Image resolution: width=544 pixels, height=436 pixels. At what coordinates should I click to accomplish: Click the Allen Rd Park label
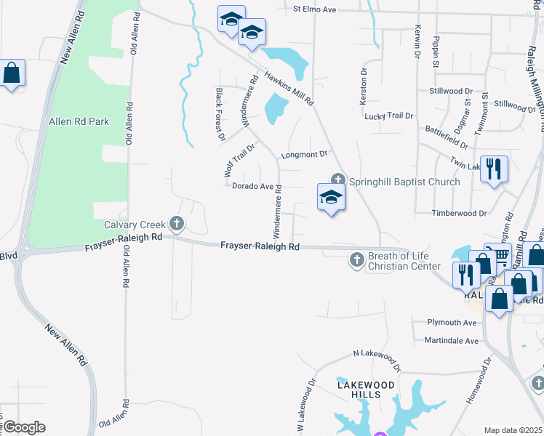(x=79, y=121)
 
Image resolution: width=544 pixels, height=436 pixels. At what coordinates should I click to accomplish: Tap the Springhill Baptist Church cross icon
(x=337, y=179)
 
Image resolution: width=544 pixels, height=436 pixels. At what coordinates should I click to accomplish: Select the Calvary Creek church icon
(x=175, y=222)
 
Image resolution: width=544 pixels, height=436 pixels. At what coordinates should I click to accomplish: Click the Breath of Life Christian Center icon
(x=356, y=259)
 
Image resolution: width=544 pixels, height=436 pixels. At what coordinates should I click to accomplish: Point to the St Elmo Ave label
(x=315, y=9)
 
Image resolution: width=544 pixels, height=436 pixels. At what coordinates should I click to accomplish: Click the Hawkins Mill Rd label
(x=289, y=88)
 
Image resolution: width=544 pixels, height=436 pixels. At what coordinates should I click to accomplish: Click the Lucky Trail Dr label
(x=388, y=116)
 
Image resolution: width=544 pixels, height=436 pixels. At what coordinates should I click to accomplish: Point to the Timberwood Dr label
(x=459, y=214)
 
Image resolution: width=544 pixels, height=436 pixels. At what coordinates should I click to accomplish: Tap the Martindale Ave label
(x=452, y=341)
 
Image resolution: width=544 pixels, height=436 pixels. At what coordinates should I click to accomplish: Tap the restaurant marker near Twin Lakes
(x=494, y=169)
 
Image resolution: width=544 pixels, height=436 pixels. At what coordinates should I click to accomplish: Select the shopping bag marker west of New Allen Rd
(x=12, y=73)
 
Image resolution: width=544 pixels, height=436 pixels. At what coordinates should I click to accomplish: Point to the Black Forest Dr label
(x=220, y=114)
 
